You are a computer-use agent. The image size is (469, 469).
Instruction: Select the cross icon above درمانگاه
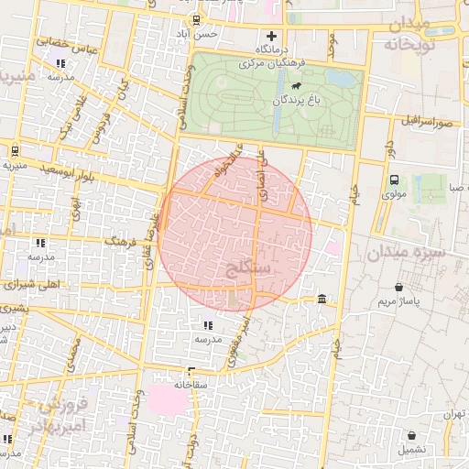(x=270, y=36)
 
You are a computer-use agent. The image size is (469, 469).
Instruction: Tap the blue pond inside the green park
(x=342, y=79)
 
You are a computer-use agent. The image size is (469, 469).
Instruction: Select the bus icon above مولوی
(x=394, y=180)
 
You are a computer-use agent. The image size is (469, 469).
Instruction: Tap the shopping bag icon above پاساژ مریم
(x=398, y=287)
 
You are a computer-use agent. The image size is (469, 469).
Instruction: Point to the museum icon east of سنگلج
(x=322, y=300)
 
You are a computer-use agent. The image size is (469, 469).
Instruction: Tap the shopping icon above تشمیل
(x=411, y=436)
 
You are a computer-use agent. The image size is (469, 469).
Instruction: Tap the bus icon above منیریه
(x=15, y=151)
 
